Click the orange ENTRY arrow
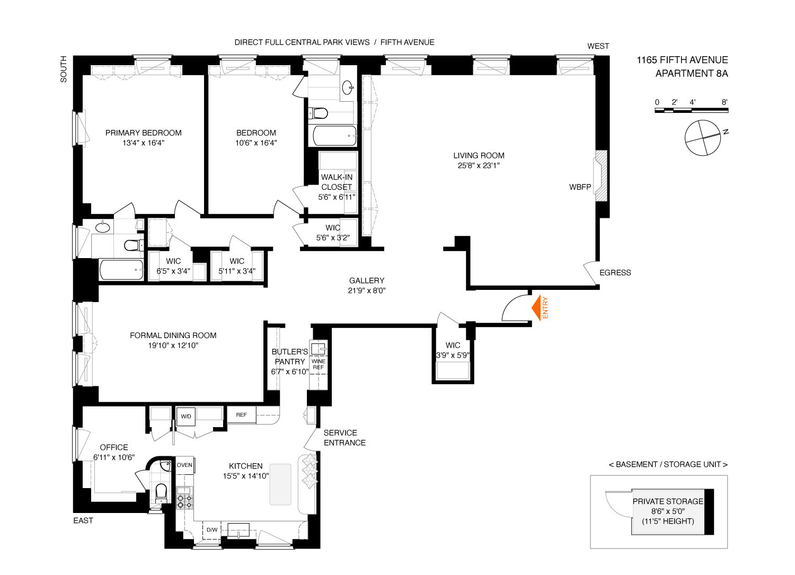point(536,308)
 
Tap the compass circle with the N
point(703,138)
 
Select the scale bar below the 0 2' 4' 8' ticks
point(691,110)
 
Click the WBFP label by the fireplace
point(580,187)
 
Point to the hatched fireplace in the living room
point(601,176)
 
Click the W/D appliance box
point(186,417)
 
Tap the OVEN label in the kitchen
point(184,465)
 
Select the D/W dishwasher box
point(212,530)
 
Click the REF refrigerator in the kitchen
point(241,415)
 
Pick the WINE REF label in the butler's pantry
point(319,364)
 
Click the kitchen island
point(280,484)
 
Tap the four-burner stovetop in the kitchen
point(184,498)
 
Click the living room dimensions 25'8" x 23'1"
point(479,165)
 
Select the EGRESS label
point(615,272)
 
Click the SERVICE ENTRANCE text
point(344,438)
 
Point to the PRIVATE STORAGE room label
point(668,501)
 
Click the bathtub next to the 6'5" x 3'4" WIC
point(122,270)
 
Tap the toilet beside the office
point(161,492)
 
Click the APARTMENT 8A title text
point(692,74)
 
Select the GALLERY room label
point(367,280)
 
